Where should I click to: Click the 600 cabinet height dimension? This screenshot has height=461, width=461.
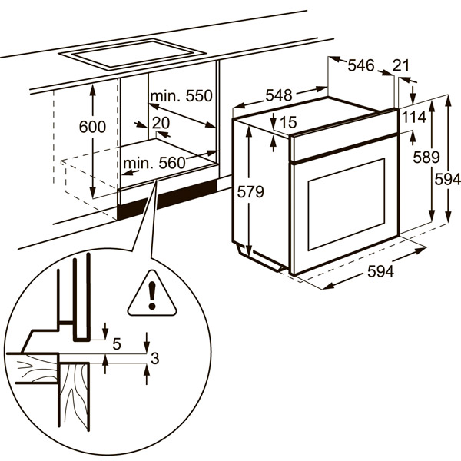coord(91,128)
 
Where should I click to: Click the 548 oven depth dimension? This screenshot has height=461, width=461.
coord(278,95)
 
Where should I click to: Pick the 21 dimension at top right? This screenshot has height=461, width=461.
coord(401,65)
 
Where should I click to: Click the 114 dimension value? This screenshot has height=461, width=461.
coord(413,117)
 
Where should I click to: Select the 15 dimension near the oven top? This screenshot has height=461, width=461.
coord(288,121)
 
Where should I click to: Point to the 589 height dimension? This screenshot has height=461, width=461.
coord(425,158)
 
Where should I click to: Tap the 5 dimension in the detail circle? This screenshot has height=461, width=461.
coord(117,343)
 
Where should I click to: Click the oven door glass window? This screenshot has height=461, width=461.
coord(346,204)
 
